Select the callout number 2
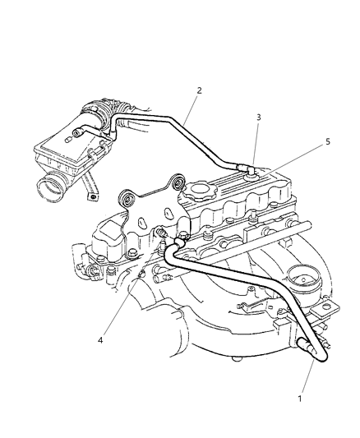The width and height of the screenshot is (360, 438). click(198, 90)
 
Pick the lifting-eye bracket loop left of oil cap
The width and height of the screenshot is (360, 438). click(173, 184)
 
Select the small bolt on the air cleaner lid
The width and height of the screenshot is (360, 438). click(76, 131)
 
